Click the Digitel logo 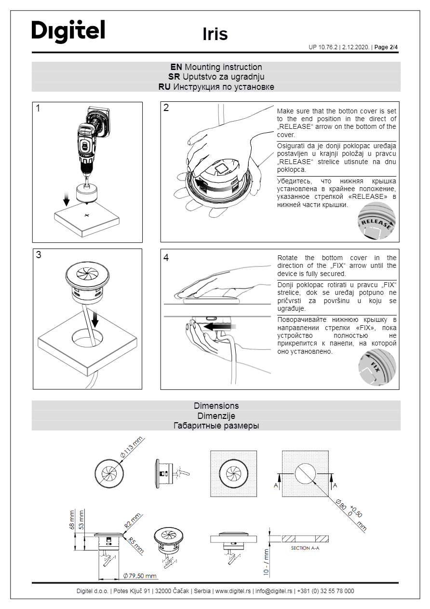[68, 31]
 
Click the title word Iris [215, 34]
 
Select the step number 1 [38, 109]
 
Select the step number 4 [166, 258]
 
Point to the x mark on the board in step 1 [86, 215]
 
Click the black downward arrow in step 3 [97, 318]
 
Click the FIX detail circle [376, 367]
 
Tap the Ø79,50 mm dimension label [140, 576]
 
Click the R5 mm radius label [136, 545]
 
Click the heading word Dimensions [216, 406]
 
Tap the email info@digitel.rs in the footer [273, 591]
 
